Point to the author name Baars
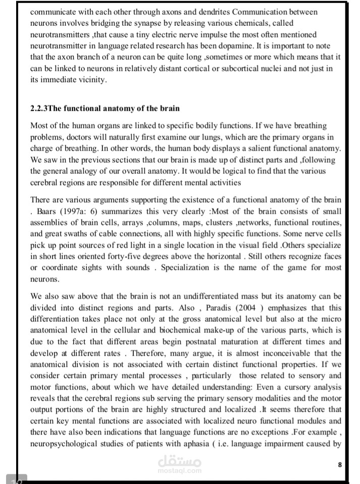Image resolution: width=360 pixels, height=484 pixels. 47,211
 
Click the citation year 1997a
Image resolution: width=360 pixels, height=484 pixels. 74,211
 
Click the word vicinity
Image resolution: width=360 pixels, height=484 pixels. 91,80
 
